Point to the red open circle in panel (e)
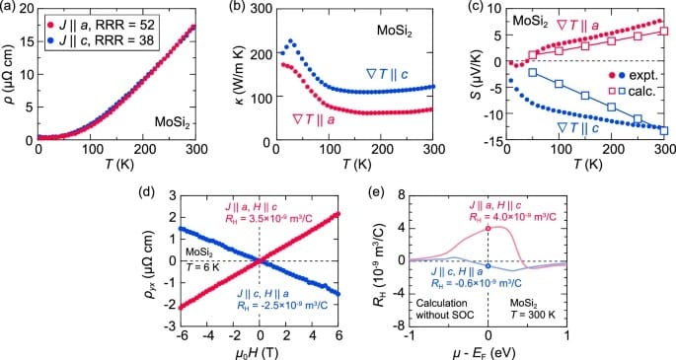(488, 229)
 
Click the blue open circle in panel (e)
(488, 265)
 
